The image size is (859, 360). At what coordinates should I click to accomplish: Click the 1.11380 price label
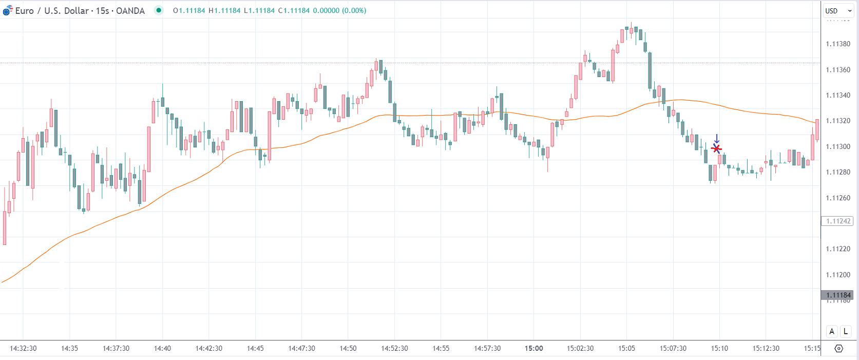pyautogui.click(x=838, y=44)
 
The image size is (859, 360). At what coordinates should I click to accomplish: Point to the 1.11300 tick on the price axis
pyautogui.click(x=838, y=146)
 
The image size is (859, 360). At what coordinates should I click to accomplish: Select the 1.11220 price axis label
pyautogui.click(x=838, y=249)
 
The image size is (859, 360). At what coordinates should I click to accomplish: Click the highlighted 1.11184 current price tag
pyautogui.click(x=838, y=295)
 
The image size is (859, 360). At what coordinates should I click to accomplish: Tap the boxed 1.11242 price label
pyautogui.click(x=838, y=221)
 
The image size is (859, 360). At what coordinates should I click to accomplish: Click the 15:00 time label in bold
pyautogui.click(x=533, y=348)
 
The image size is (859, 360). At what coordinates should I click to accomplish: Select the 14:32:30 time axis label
pyautogui.click(x=23, y=348)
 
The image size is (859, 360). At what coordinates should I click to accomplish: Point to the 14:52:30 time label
pyautogui.click(x=394, y=348)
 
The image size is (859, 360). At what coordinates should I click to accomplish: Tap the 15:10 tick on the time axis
pyautogui.click(x=719, y=348)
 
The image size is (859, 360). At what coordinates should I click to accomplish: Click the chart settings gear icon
pyautogui.click(x=838, y=348)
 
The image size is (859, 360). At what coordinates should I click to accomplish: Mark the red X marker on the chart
pyautogui.click(x=717, y=149)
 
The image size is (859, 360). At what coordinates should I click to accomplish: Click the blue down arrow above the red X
pyautogui.click(x=717, y=139)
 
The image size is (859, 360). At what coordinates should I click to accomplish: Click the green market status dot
pyautogui.click(x=159, y=10)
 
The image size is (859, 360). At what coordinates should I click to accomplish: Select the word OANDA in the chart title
pyautogui.click(x=130, y=11)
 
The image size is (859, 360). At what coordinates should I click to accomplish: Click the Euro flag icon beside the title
pyautogui.click(x=7, y=10)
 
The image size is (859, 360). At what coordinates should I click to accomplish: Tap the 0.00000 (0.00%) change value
pyautogui.click(x=339, y=10)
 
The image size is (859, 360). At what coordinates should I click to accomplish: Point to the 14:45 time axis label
pyautogui.click(x=255, y=348)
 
